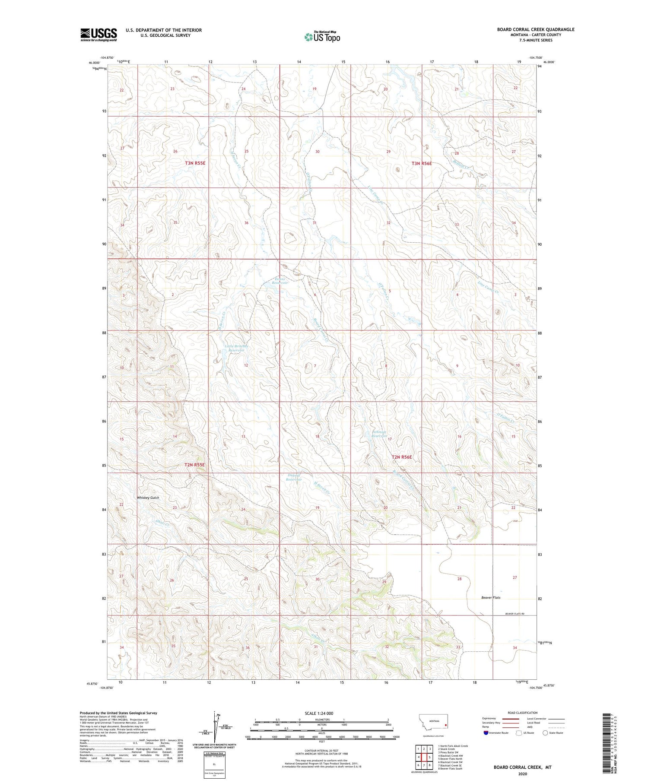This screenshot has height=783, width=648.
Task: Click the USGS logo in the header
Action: click(98, 35)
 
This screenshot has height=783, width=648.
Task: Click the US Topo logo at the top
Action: click(322, 37)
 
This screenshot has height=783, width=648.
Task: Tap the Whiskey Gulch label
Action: click(148, 498)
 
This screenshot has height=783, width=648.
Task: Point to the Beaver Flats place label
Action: click(491, 597)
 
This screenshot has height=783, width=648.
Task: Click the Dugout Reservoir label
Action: click(294, 477)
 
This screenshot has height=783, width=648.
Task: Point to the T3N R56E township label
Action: click(422, 163)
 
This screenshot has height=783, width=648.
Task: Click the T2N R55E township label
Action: click(195, 465)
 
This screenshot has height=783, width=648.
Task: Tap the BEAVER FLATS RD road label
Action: click(515, 614)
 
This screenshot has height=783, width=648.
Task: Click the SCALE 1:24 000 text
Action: click(321, 713)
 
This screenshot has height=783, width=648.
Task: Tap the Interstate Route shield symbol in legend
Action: click(486, 732)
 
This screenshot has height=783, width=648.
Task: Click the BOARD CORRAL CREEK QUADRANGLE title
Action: click(536, 29)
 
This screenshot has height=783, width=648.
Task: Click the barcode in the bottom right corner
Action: click(611, 734)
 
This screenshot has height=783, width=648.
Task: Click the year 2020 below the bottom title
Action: click(522, 773)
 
